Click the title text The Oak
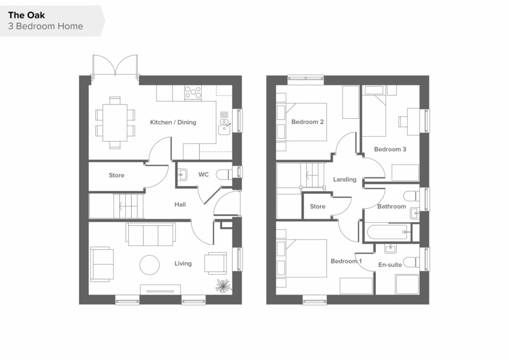[26, 15]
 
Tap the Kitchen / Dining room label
[173, 122]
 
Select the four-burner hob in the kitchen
[193, 92]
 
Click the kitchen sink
[224, 126]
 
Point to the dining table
[115, 122]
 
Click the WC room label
[203, 175]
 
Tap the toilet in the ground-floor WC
[224, 175]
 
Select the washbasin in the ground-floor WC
[182, 175]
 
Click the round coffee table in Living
[150, 265]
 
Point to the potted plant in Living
[223, 285]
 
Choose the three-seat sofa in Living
[151, 234]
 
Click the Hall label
[180, 204]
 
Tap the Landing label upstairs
[345, 180]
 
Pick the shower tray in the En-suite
[407, 284]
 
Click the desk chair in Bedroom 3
[403, 121]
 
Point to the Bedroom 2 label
[307, 122]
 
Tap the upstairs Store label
[318, 206]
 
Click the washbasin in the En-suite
[390, 249]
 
